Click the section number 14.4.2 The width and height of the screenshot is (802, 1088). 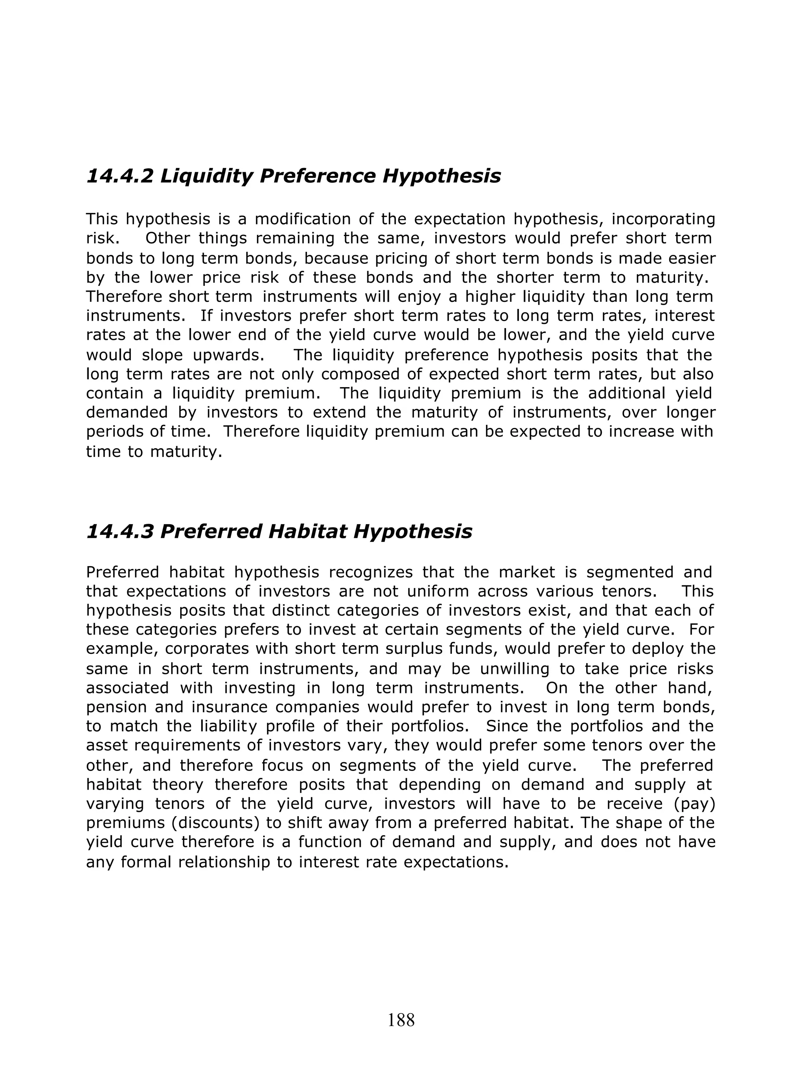pyautogui.click(x=119, y=176)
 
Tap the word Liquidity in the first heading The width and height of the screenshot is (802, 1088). pyautogui.click(x=206, y=176)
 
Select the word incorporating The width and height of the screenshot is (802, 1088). pyautogui.click(x=663, y=219)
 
